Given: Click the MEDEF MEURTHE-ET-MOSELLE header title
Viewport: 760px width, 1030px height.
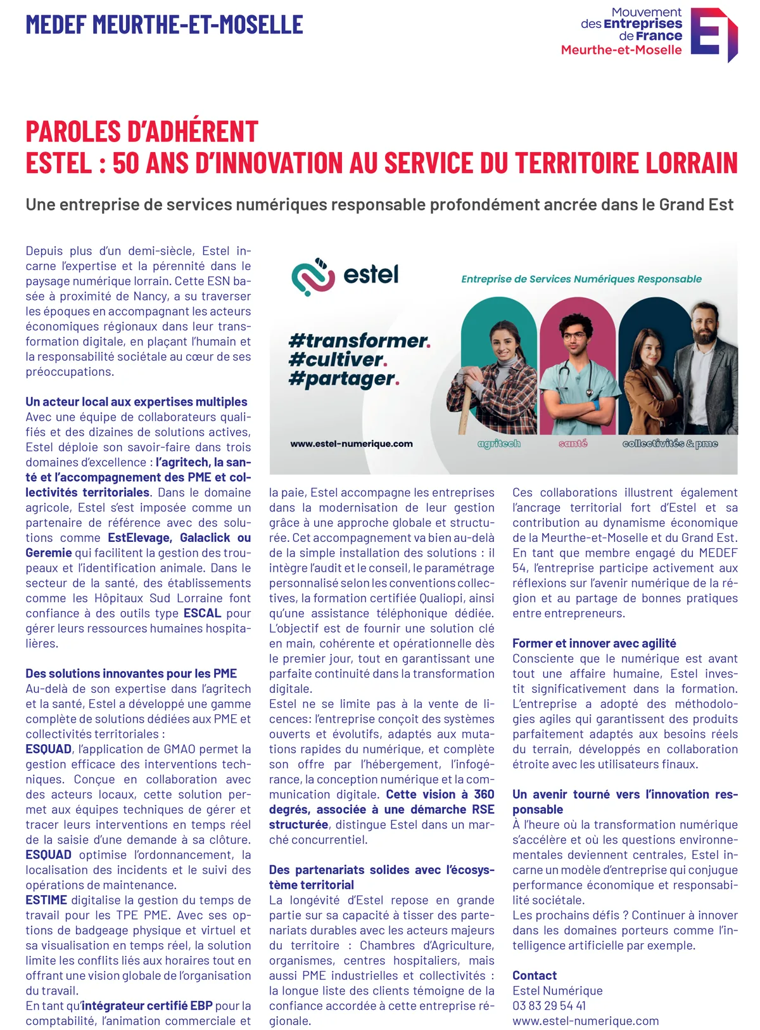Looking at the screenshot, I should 164,25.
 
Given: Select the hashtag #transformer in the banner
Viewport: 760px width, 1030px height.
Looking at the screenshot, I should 359,340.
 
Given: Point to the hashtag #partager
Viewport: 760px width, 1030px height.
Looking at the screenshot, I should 343,379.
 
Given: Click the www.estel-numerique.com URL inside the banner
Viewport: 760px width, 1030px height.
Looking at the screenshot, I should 351,444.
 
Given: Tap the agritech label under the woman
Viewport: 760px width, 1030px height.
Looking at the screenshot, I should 499,444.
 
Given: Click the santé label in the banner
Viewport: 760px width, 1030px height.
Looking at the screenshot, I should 573,444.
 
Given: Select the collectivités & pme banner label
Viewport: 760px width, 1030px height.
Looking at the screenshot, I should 670,444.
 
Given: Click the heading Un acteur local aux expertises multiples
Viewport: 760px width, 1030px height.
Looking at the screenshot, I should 136,402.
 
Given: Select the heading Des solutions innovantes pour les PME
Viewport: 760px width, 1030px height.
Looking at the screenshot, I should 131,673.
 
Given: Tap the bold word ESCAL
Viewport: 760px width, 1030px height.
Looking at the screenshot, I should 202,613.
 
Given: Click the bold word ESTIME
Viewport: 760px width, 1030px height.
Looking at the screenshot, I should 46,900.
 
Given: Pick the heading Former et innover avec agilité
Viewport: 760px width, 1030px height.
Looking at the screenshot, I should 594,643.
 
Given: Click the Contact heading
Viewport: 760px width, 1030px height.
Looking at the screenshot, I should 535,975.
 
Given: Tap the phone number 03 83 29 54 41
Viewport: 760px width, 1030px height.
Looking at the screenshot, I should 549,1006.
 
